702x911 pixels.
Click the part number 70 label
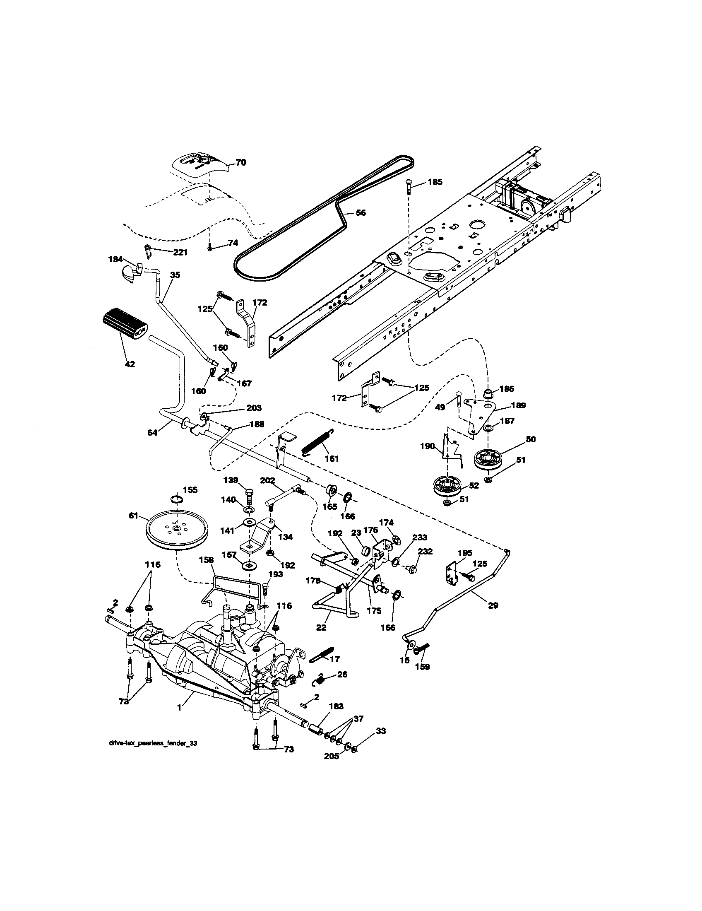click(x=240, y=163)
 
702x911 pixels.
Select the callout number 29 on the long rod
click(x=493, y=606)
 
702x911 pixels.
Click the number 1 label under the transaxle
click(x=179, y=708)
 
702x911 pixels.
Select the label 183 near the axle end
click(x=336, y=706)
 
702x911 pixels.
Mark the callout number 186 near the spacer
click(x=507, y=389)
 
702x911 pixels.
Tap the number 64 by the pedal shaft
click(x=153, y=433)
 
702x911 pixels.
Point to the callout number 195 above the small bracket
click(x=465, y=553)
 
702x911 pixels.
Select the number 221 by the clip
click(x=180, y=252)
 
